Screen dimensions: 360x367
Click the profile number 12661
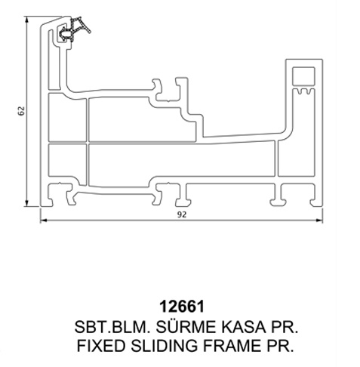point(182,307)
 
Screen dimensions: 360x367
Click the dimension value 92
point(182,214)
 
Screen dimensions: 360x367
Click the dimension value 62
point(22,111)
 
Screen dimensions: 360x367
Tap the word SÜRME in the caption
point(185,327)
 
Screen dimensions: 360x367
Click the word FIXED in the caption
point(101,346)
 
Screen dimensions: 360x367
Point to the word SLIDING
point(164,346)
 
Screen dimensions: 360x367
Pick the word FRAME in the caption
point(232,346)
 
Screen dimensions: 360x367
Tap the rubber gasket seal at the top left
point(74,29)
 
